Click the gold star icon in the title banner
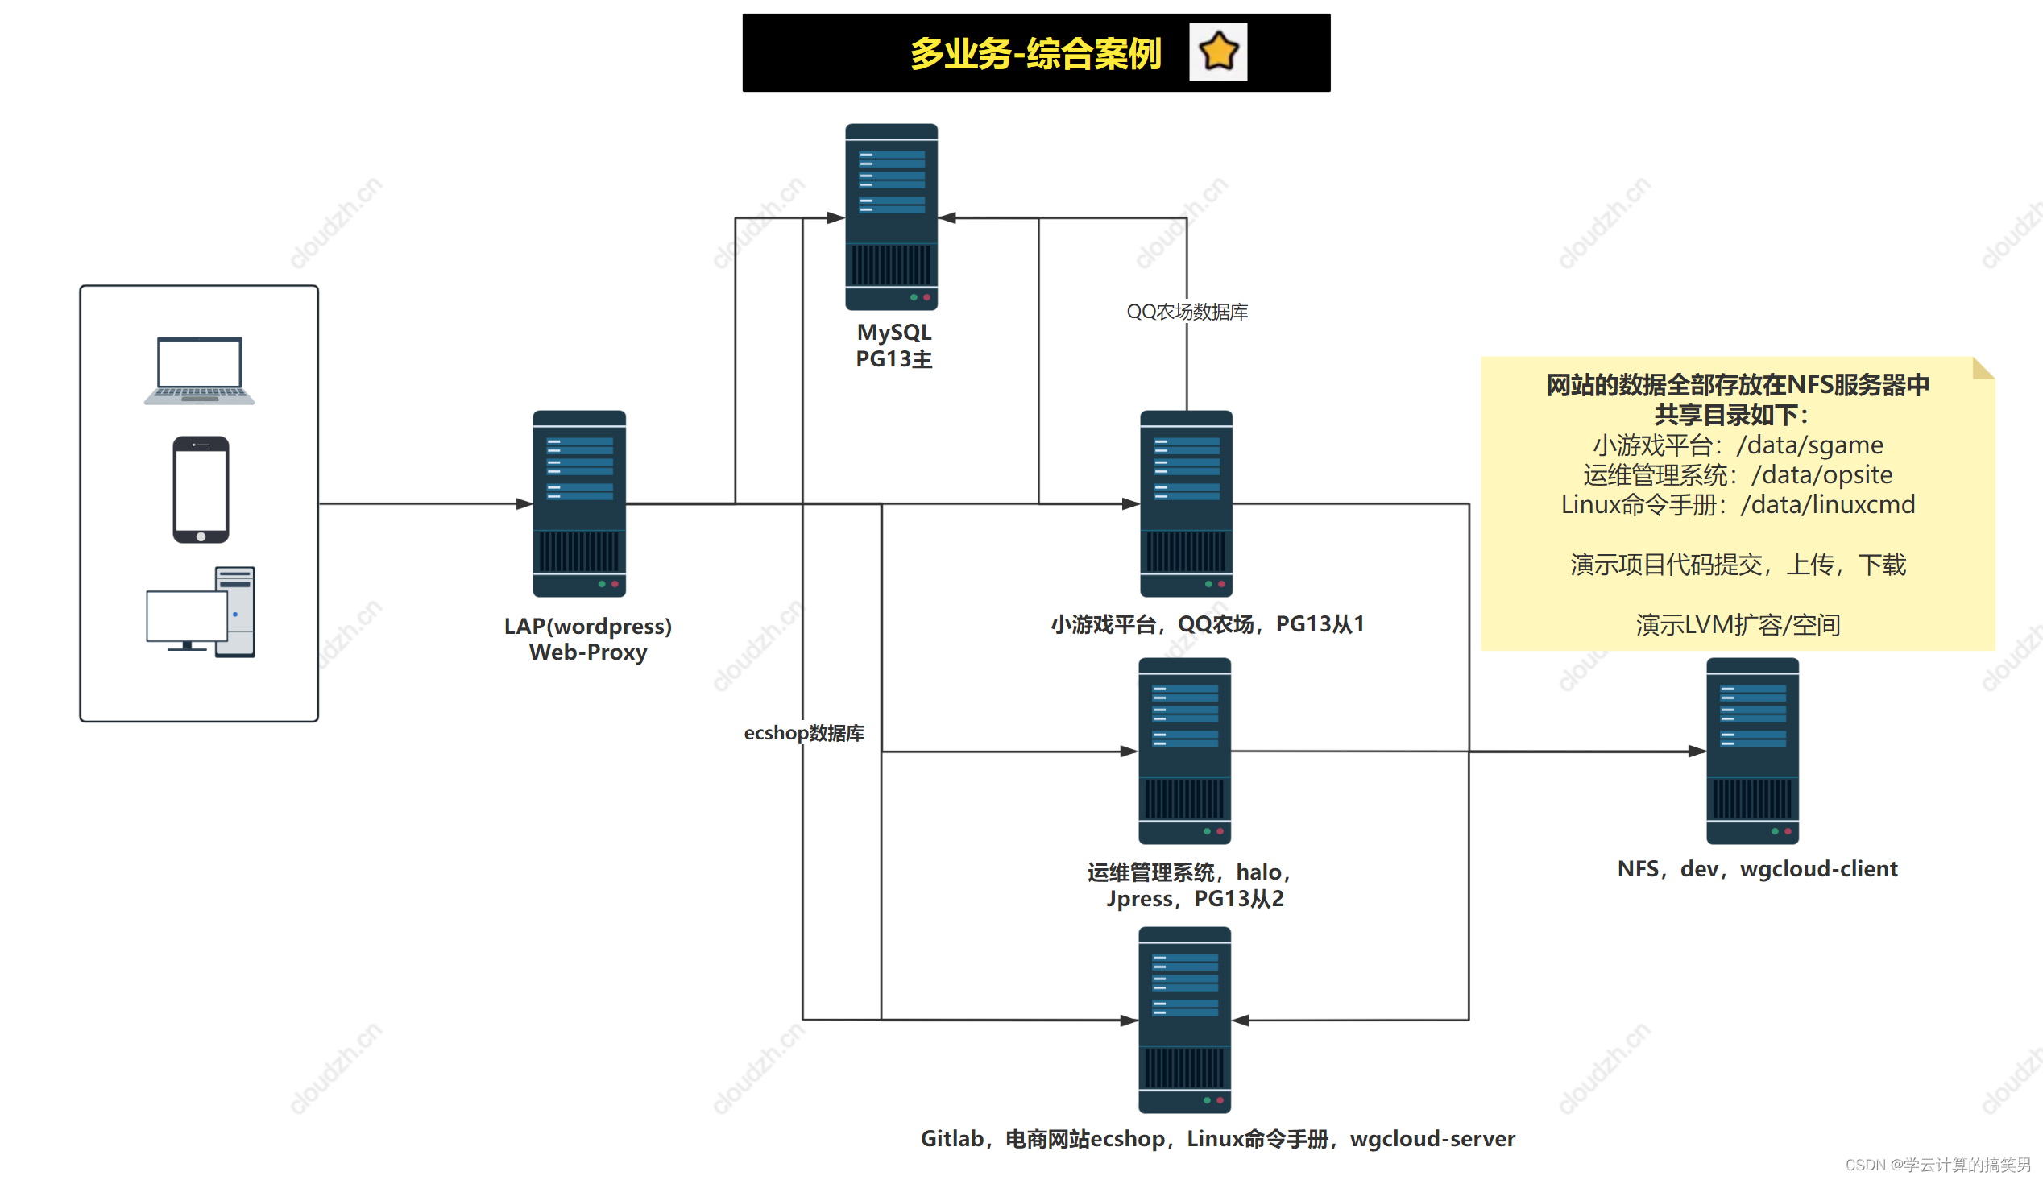click(1217, 52)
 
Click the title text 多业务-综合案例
click(1035, 53)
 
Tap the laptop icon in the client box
click(199, 371)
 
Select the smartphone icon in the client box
click(200, 490)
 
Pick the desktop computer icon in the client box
click(200, 612)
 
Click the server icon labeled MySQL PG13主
click(891, 217)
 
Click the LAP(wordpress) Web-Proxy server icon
click(578, 503)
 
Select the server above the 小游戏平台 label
click(1186, 503)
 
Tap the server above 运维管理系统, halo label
click(1184, 751)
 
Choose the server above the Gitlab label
click(1184, 1020)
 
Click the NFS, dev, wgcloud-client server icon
click(1752, 751)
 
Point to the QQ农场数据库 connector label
click(1187, 312)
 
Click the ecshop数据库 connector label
click(803, 733)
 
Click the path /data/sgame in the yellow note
click(1809, 445)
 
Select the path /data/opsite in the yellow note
click(1821, 475)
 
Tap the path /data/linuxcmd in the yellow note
click(1827, 505)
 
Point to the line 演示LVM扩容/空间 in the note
click(1738, 625)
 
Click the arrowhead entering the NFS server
click(1697, 751)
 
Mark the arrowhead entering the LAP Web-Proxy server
click(524, 504)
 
